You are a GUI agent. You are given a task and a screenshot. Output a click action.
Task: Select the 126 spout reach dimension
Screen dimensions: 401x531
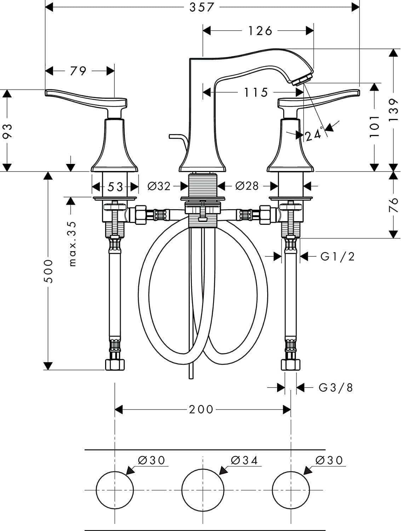260,31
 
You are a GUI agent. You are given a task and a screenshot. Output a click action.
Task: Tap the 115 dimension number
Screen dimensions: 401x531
256,92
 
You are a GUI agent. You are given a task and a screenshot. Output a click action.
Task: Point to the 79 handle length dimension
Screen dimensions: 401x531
78,71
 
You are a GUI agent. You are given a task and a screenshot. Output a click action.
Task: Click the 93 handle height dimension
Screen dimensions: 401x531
7,131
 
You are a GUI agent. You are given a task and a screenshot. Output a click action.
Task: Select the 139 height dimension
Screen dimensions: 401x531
394,110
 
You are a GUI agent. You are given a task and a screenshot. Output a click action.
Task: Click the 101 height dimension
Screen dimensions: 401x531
374,126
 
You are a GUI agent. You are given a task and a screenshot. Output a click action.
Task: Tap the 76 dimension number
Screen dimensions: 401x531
394,205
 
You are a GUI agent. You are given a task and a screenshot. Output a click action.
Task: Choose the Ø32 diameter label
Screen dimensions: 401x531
159,186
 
